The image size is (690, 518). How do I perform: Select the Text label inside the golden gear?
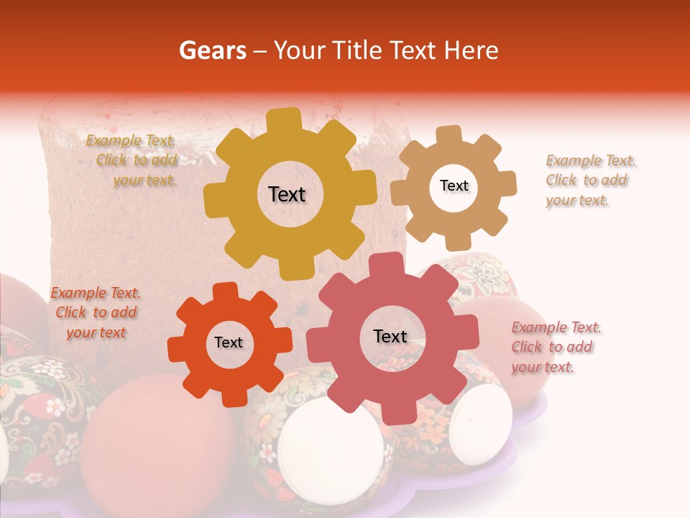287,194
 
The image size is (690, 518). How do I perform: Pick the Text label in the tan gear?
454,186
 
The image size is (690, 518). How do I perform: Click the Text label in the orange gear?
229,342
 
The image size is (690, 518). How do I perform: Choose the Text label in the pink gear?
390,336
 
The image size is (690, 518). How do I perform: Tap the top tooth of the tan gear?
449,134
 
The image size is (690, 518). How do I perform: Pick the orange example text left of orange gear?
96,312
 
